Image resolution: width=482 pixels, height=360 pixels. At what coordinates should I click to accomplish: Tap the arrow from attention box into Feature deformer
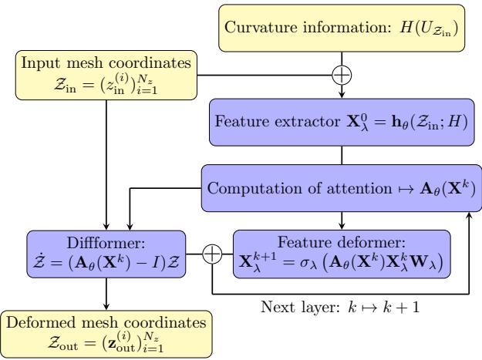point(340,220)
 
